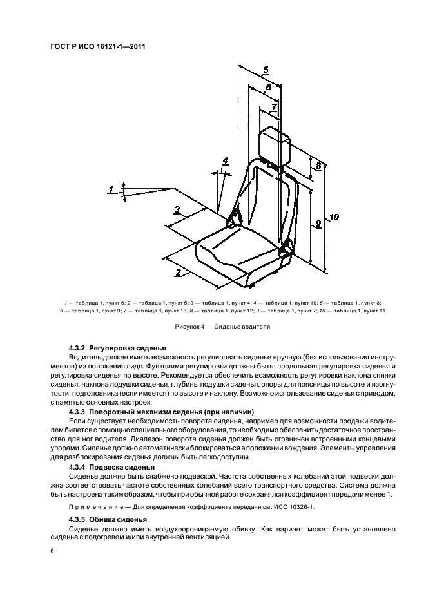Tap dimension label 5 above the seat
[266, 70]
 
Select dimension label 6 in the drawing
[268, 87]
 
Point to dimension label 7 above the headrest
[274, 106]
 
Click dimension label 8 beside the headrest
[318, 166]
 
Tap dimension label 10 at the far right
[333, 217]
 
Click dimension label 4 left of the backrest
[225, 160]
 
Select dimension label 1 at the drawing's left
[111, 189]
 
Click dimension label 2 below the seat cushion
[177, 272]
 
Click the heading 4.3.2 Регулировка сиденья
[117, 348]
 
